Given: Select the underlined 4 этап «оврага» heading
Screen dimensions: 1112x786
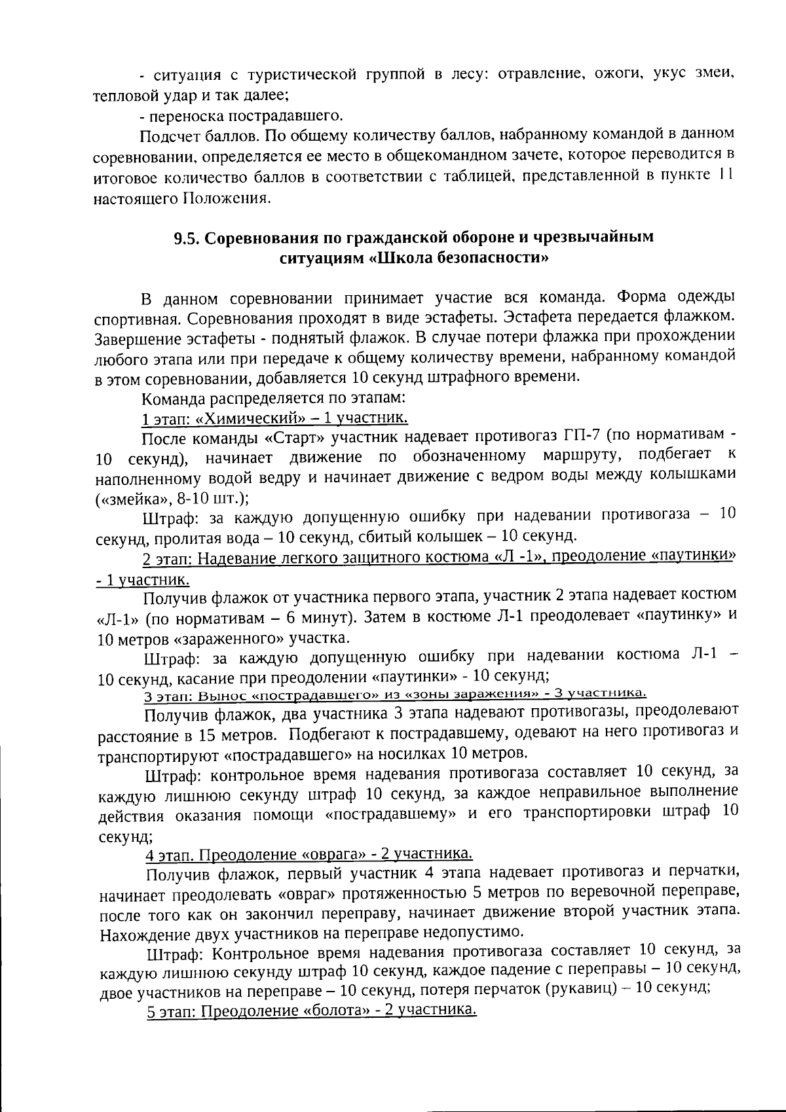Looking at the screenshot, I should click(x=309, y=854).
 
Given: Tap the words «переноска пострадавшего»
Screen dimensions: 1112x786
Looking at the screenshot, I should click(x=245, y=117).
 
